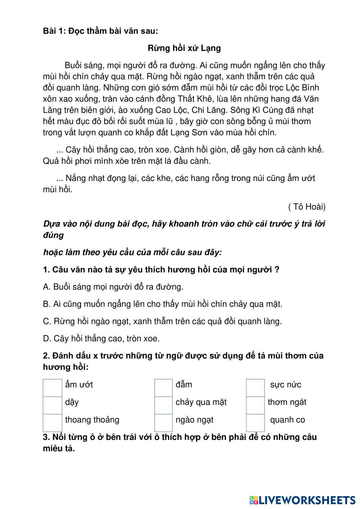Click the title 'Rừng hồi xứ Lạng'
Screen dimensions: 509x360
[184, 48]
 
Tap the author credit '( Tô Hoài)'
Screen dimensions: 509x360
[307, 207]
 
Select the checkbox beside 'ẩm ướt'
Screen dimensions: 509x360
[53, 388]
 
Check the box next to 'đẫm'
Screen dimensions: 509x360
[164, 388]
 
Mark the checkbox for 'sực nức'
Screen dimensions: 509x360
[256, 388]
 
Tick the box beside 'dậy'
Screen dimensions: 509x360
[53, 405]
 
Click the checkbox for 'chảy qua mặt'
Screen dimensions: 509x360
[164, 405]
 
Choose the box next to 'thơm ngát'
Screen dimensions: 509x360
[256, 405]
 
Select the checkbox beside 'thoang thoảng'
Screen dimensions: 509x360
[53, 423]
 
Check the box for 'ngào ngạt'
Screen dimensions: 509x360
[164, 423]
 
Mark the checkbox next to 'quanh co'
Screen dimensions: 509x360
[256, 423]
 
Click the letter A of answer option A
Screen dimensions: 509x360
[46, 287]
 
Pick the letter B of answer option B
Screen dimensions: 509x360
[46, 304]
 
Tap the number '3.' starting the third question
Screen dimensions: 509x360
[46, 437]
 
